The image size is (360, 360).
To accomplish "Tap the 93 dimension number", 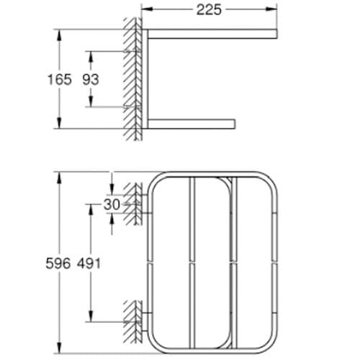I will [x=90, y=79].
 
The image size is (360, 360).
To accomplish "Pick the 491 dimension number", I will [x=90, y=263].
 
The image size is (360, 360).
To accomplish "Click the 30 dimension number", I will [x=111, y=204].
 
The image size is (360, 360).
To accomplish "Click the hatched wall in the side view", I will [x=132, y=79].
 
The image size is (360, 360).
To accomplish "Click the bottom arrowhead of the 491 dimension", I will [x=90, y=318].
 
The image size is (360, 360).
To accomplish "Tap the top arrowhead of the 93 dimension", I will [x=90, y=54].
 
